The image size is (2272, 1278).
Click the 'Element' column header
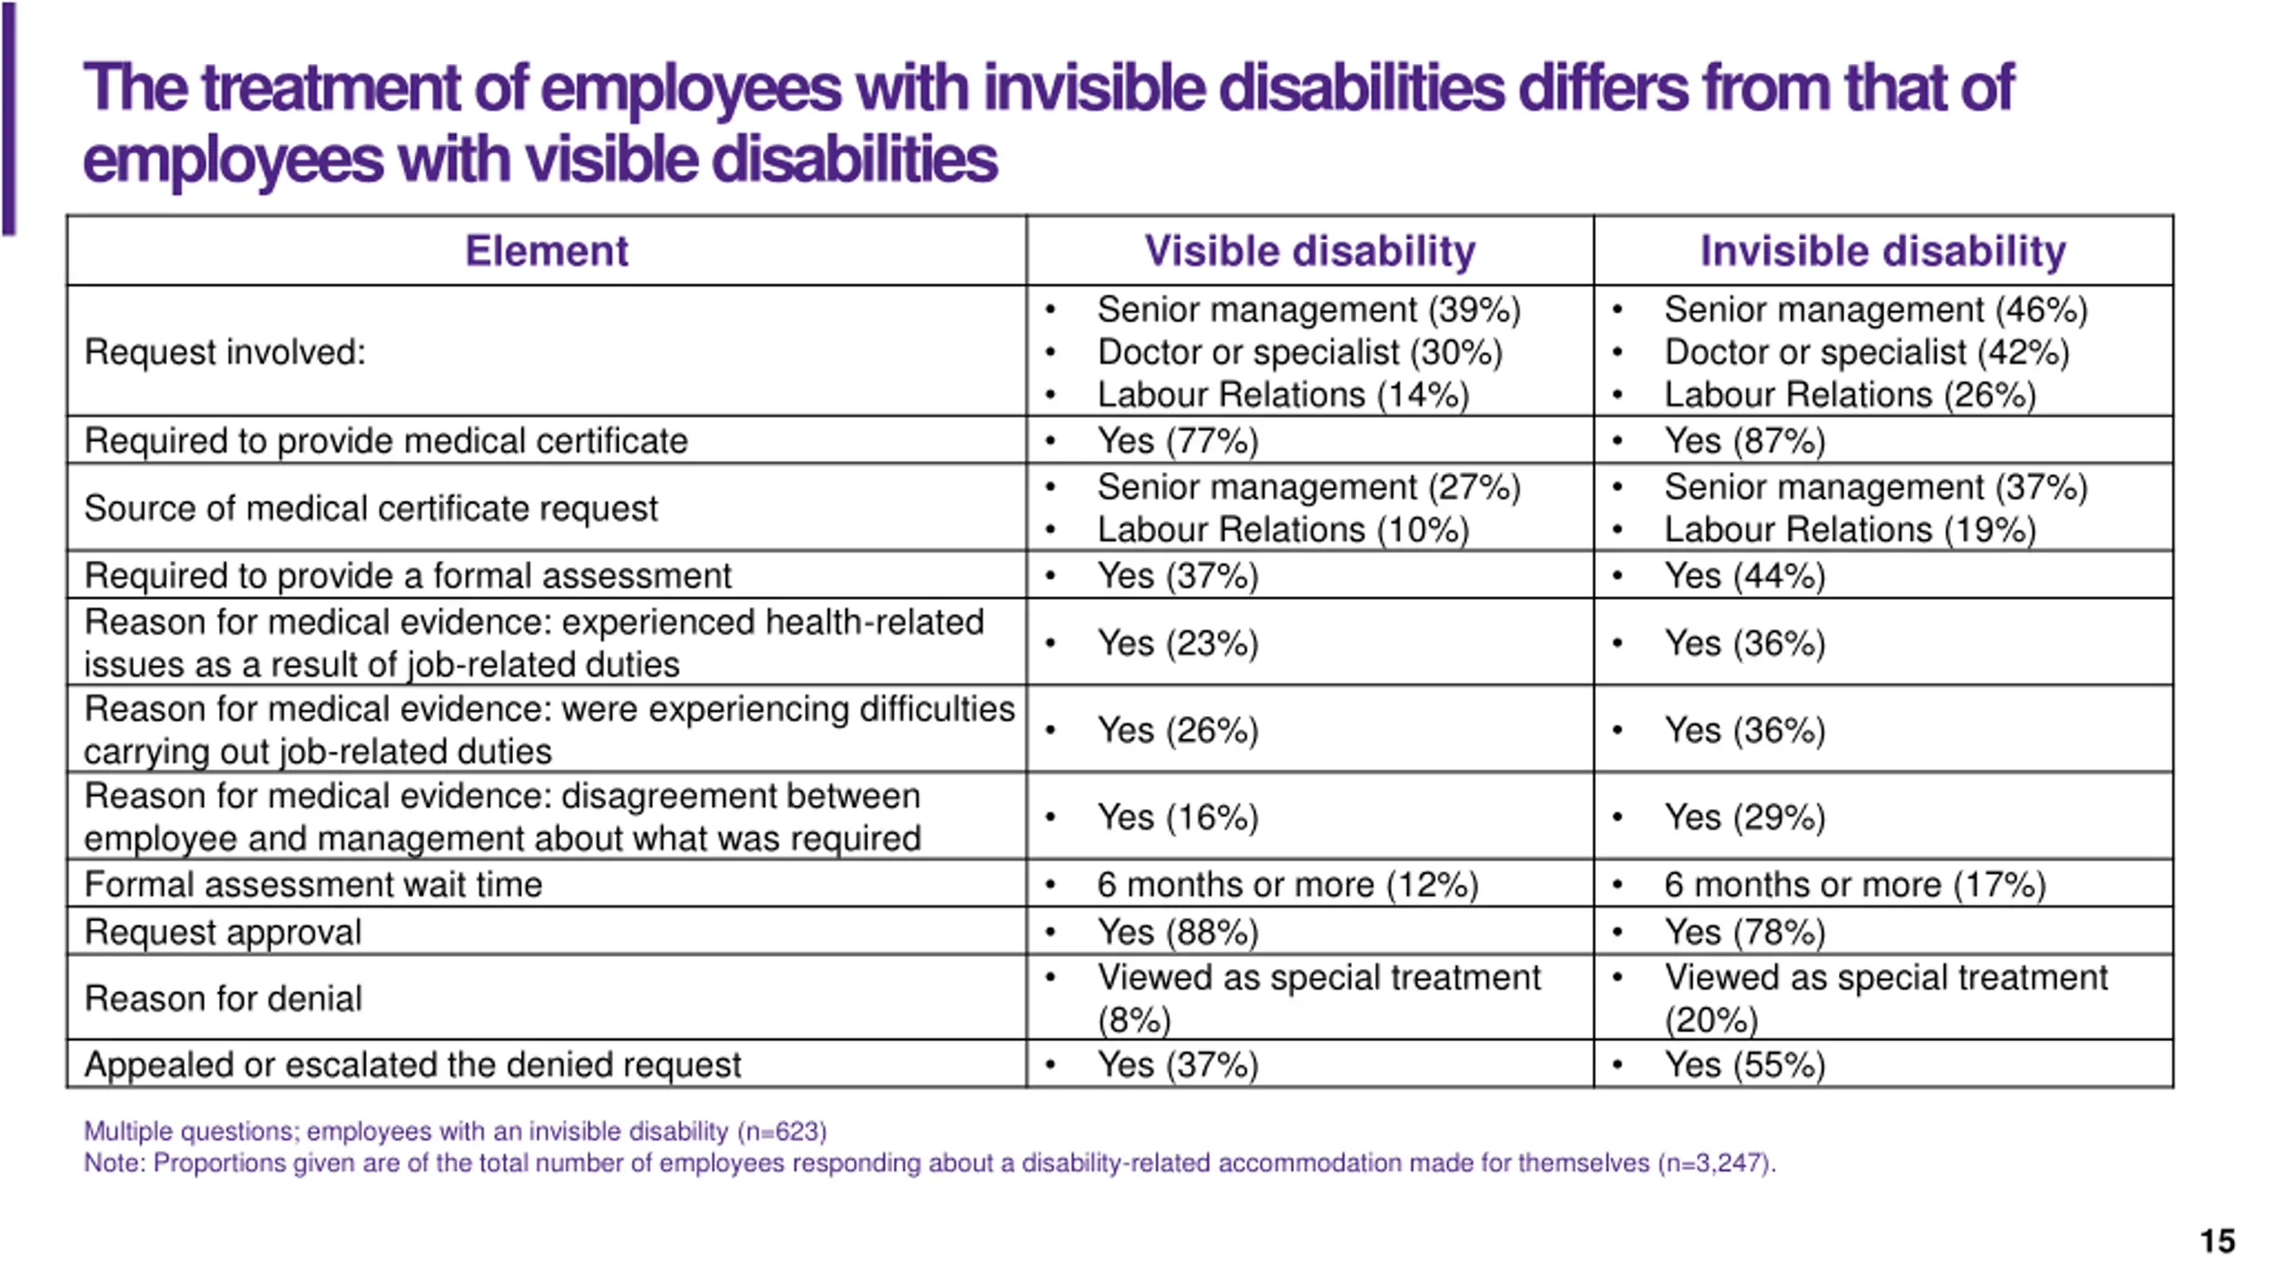[x=546, y=251]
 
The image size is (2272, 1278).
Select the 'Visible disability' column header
[x=1309, y=251]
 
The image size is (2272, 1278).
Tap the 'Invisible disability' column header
[x=1882, y=251]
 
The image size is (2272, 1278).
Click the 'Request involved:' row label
[x=225, y=352]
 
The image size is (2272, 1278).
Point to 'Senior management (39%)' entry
[x=1308, y=310]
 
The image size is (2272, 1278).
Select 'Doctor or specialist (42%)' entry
[x=1866, y=352]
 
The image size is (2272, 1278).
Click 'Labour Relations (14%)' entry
[x=1283, y=395]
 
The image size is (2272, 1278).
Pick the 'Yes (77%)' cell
[x=1178, y=441]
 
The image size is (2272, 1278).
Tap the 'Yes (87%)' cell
[x=1744, y=441]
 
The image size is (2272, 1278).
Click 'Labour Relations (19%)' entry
[x=1850, y=530]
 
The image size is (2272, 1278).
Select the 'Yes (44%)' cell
[x=1744, y=576]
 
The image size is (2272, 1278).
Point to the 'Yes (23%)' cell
[x=1178, y=643]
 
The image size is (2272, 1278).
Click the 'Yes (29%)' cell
[x=1744, y=817]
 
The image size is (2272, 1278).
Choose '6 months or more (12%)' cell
[x=1287, y=885]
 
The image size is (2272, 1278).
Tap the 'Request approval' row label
[x=223, y=933]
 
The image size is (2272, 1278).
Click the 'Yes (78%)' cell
[x=1744, y=933]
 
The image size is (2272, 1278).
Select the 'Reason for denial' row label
[x=223, y=999]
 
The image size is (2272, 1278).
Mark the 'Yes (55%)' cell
[x=1744, y=1065]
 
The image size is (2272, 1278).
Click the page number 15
[x=2217, y=1241]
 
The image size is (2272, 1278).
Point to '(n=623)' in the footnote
[x=781, y=1132]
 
